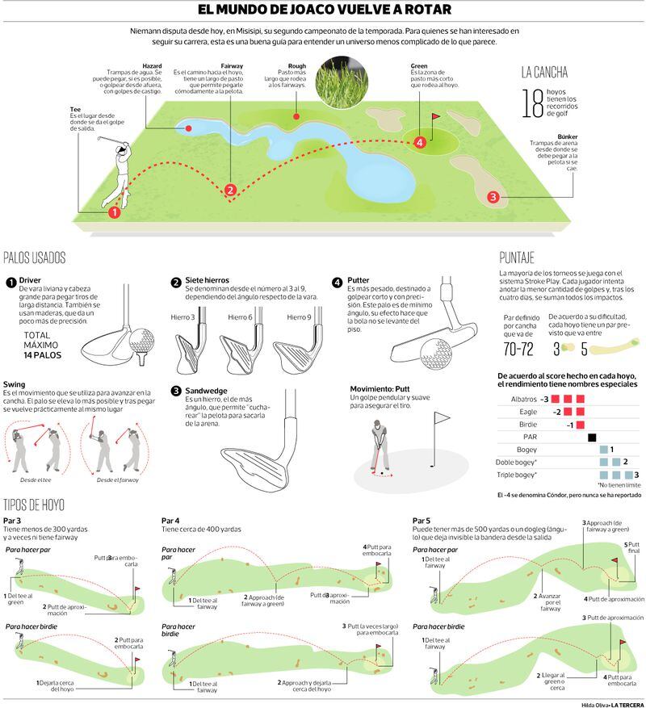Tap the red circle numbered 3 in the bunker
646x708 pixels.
click(x=493, y=196)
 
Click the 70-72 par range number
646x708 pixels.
click(x=517, y=350)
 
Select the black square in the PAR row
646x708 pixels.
click(x=592, y=438)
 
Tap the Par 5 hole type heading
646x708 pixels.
click(x=422, y=521)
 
